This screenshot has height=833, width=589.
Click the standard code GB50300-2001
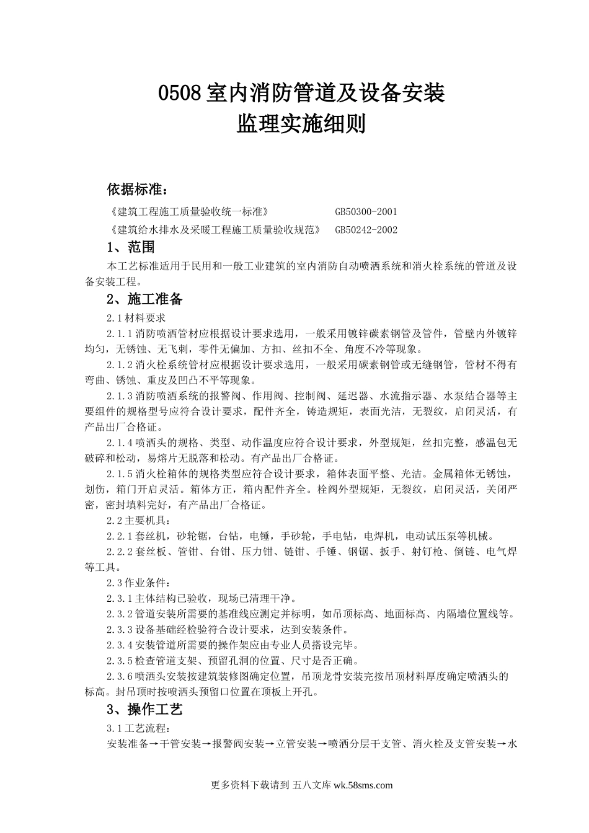tap(366, 212)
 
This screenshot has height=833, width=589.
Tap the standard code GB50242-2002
tap(366, 230)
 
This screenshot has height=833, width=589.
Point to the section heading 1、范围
tap(130, 247)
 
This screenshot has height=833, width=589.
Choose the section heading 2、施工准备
tap(144, 299)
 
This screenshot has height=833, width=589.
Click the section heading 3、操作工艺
tap(144, 709)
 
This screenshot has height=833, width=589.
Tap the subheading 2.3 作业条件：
tap(138, 583)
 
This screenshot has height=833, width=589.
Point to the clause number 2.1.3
tap(120, 396)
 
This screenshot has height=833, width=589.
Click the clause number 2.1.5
tap(120, 474)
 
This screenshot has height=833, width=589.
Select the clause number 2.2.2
tap(120, 552)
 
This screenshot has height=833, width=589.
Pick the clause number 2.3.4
tap(120, 645)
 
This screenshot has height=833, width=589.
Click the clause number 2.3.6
tap(120, 676)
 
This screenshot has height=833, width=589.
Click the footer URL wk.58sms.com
tap(363, 785)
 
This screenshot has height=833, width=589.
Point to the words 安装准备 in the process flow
tap(127, 743)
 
